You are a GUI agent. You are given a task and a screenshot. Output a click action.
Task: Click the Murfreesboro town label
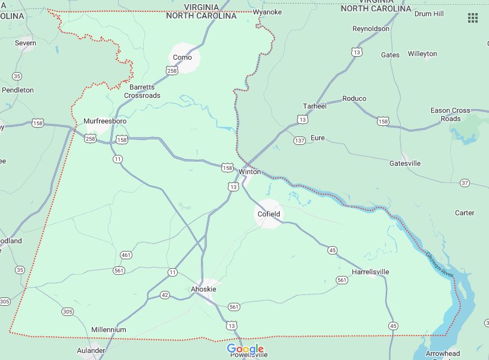click(x=105, y=121)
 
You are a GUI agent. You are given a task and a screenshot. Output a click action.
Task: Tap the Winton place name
click(x=250, y=172)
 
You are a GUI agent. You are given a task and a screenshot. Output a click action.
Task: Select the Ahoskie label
click(x=203, y=289)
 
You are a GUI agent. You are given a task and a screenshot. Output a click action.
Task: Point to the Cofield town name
click(x=268, y=214)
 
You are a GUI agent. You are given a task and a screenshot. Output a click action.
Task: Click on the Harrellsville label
click(x=370, y=272)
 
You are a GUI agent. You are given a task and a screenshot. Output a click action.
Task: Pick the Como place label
click(x=182, y=57)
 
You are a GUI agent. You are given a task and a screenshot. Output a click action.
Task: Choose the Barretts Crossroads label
click(x=143, y=91)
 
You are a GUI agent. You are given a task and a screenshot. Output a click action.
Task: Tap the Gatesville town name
click(x=405, y=163)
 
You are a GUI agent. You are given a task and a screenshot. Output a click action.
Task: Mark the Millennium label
click(x=109, y=330)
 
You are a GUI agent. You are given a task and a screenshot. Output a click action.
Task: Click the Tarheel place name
click(x=315, y=106)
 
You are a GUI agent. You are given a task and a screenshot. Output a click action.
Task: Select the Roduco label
click(x=354, y=98)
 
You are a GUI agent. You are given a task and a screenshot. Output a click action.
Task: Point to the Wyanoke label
click(x=267, y=12)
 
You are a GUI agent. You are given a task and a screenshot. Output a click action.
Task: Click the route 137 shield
click(x=299, y=140)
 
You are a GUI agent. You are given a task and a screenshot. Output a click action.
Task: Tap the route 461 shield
click(x=126, y=255)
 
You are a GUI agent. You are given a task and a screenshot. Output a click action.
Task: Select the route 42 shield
click(x=165, y=295)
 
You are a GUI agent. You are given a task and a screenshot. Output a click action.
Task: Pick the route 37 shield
click(x=465, y=182)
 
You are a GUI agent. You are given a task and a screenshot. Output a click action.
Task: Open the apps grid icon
click(x=473, y=18)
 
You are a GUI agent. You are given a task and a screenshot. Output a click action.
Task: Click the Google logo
click(x=245, y=349)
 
